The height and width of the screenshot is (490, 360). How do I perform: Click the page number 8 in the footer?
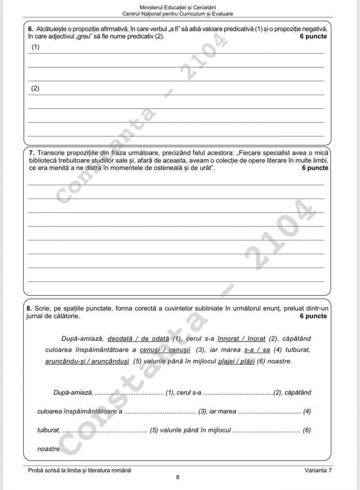pos(178,477)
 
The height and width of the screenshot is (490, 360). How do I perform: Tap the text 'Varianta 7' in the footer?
pos(318,470)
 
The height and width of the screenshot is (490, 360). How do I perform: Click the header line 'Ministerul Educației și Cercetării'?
pos(178,8)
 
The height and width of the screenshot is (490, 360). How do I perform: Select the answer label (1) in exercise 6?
pos(35,47)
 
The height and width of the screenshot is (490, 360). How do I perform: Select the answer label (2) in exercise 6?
pos(35,89)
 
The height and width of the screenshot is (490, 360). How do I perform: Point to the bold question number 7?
pos(30,153)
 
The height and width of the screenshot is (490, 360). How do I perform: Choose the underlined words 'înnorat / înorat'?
pos(241,338)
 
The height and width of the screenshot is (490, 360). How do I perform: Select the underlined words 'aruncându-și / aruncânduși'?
pos(87,361)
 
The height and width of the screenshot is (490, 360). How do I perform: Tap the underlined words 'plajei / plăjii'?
pos(237,361)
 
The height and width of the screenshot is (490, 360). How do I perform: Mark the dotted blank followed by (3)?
pos(160,411)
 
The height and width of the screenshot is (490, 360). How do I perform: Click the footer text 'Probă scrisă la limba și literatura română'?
pos(79,470)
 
